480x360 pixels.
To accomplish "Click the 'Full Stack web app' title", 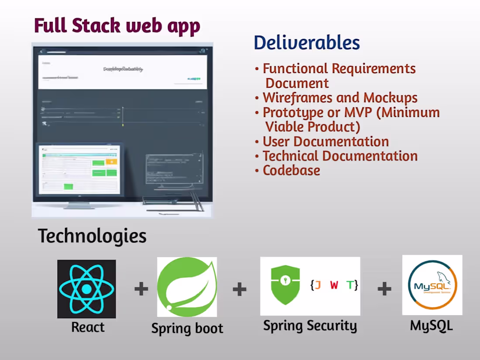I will click(117, 26).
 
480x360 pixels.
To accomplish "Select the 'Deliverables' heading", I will click(307, 43).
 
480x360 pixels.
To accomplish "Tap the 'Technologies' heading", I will click(92, 236).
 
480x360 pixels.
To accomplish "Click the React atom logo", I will click(86, 289).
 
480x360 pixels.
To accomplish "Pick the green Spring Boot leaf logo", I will click(187, 287).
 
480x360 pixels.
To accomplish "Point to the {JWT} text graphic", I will click(334, 285).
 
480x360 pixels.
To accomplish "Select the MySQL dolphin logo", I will click(432, 285).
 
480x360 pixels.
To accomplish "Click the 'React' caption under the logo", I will click(88, 327).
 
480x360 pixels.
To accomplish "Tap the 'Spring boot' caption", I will click(187, 328).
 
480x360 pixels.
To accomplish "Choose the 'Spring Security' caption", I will click(310, 326).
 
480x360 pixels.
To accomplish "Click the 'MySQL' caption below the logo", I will click(431, 325).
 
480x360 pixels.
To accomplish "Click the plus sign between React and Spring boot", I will click(141, 289).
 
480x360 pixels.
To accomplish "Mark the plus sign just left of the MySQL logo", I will click(384, 289).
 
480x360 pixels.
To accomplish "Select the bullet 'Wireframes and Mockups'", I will click(339, 98).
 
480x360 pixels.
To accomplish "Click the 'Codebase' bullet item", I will click(291, 170).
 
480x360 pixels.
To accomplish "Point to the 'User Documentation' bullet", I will click(325, 141).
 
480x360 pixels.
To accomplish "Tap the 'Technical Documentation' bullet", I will click(339, 156).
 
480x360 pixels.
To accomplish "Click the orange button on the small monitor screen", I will click(111, 162).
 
